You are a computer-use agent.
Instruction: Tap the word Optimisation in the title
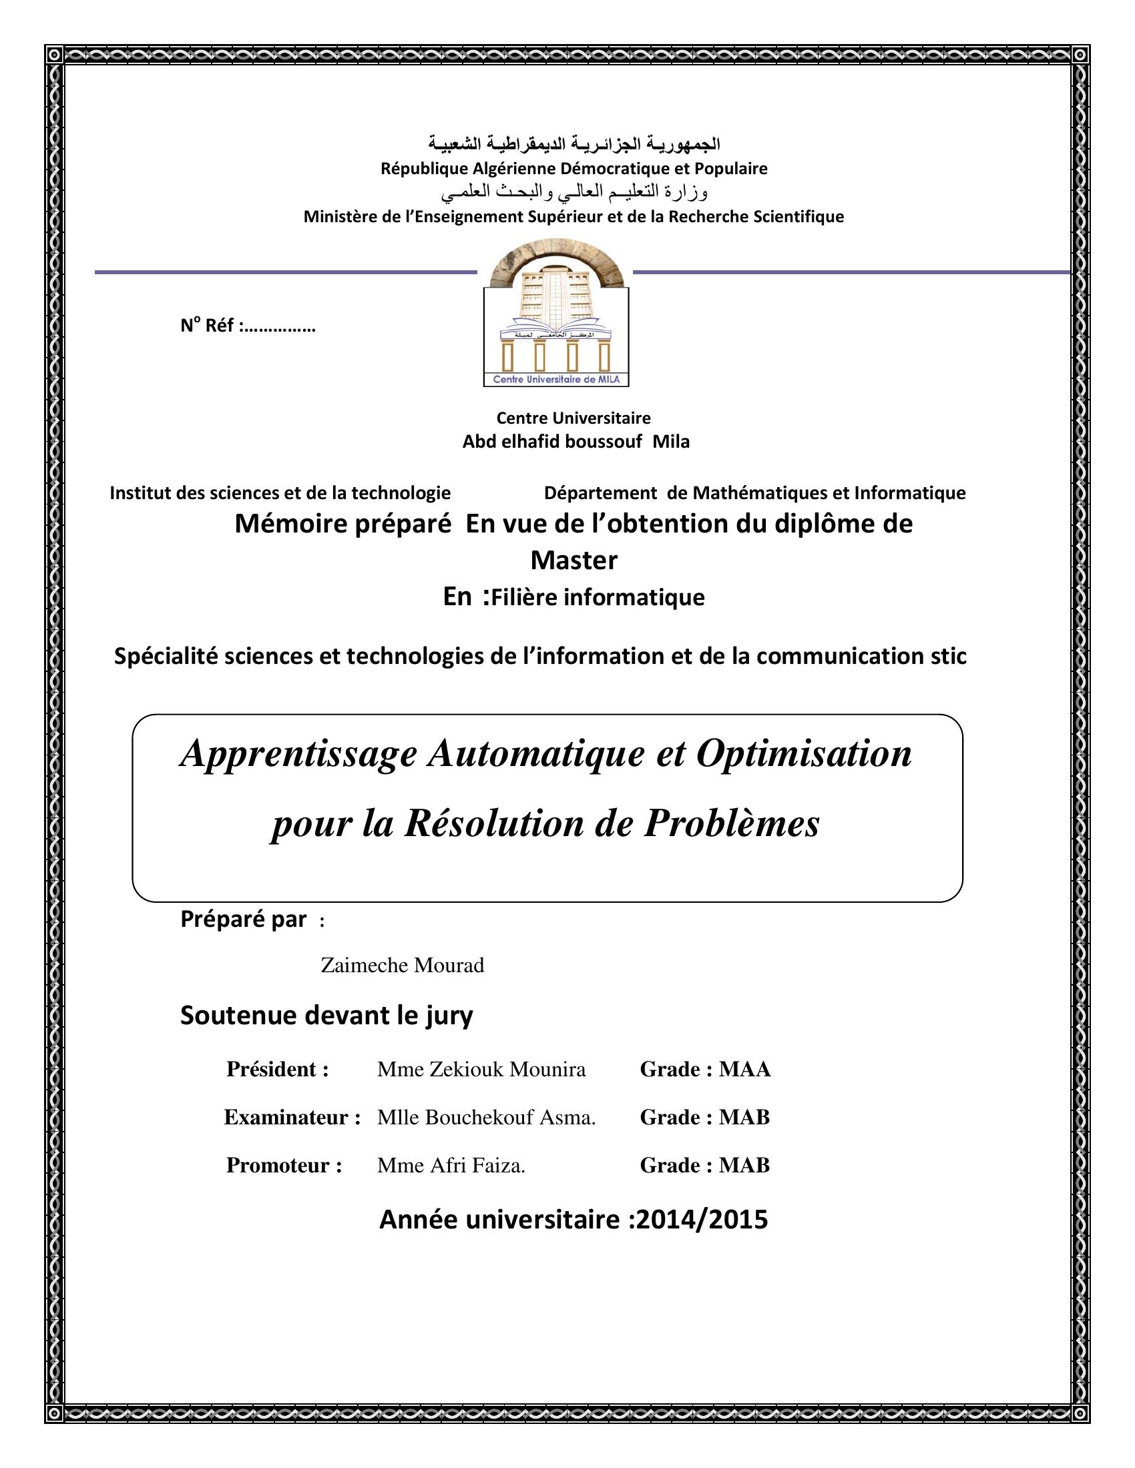tap(805, 754)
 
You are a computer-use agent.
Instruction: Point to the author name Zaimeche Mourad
tap(402, 966)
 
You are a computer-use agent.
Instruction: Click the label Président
tap(277, 1070)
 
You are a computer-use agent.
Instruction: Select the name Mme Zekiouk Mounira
tap(481, 1070)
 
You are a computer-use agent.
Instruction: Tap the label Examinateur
tap(292, 1118)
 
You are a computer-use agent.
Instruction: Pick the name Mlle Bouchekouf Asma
tap(486, 1118)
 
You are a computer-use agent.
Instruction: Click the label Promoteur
tap(284, 1166)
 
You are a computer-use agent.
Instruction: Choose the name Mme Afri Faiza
tap(451, 1166)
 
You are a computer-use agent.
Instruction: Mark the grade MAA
tap(744, 1070)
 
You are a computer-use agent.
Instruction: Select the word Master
tap(574, 560)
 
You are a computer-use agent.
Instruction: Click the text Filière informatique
tap(598, 597)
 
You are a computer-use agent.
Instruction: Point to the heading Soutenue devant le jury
tap(326, 1016)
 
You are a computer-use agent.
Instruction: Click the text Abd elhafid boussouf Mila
tap(576, 442)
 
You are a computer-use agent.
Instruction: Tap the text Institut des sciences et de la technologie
tap(280, 492)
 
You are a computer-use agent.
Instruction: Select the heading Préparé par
tap(244, 920)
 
